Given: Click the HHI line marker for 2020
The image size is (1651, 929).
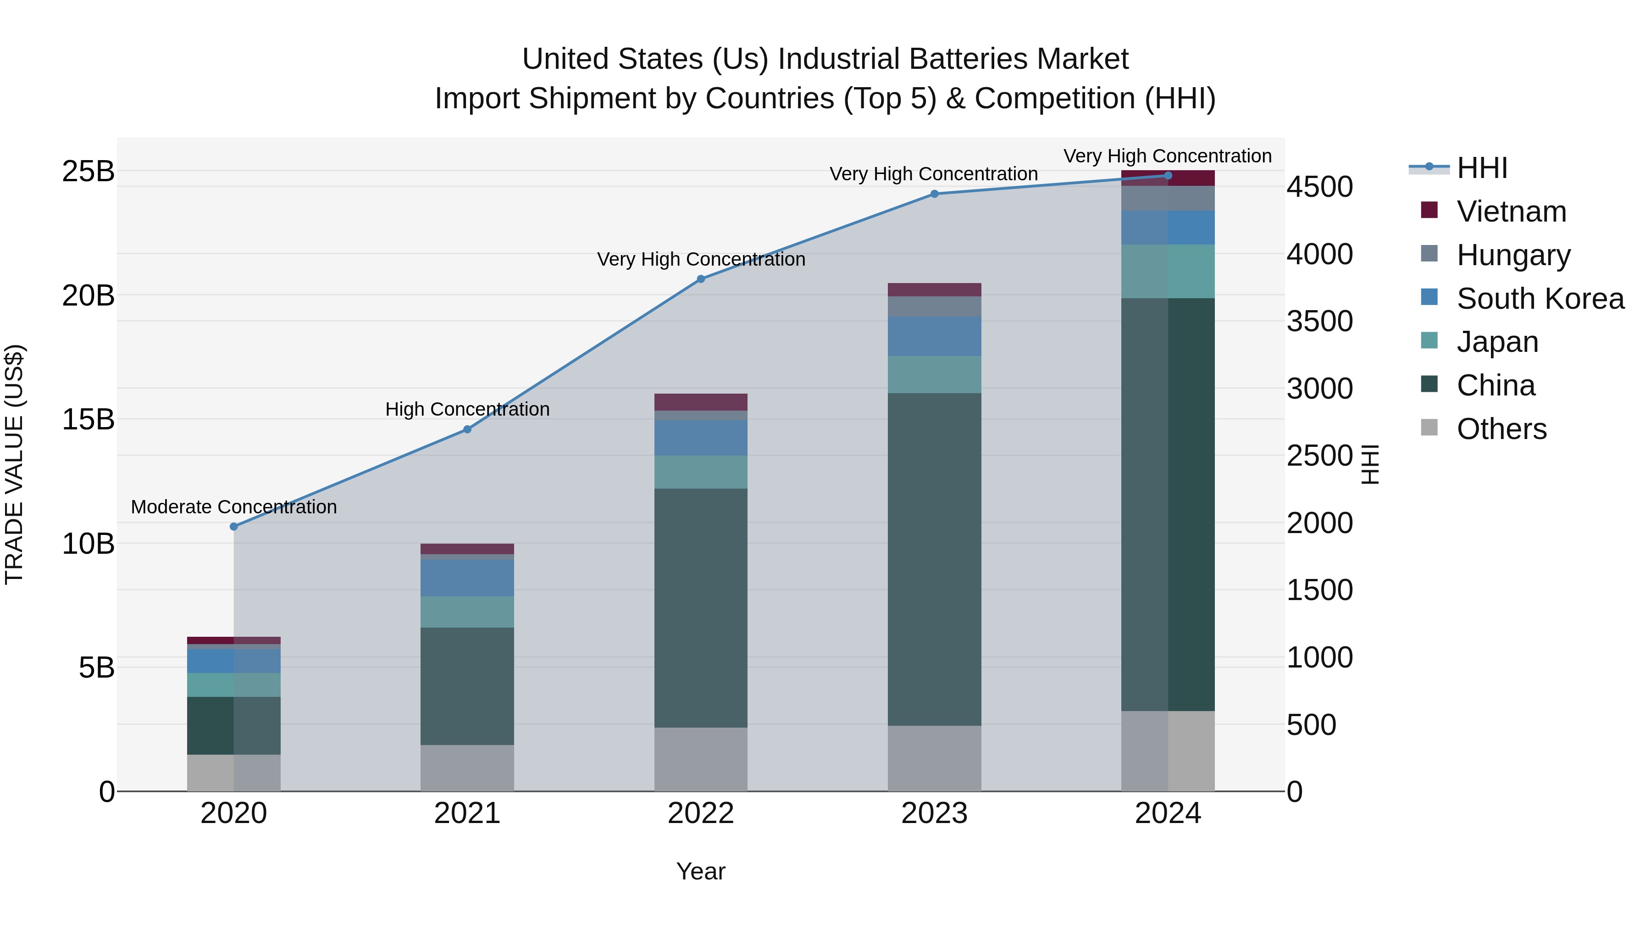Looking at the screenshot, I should pos(234,526).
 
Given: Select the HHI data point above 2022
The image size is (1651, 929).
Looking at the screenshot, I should pos(700,279).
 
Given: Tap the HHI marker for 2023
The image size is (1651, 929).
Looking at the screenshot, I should pos(934,194).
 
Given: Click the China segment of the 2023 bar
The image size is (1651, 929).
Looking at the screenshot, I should pos(934,558).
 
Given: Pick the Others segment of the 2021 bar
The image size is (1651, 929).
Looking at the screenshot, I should pos(467,768).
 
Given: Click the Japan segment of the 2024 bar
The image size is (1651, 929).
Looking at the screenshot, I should pos(1168,271).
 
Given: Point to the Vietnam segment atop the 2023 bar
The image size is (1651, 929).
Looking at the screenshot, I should pos(934,289).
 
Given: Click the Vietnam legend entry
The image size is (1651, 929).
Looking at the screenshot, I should pos(1511,211).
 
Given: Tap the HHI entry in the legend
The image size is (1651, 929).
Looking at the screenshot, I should pos(1481,168).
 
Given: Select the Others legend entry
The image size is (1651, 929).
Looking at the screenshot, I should pos(1501,429).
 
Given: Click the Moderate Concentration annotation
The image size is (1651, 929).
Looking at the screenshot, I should pos(234,506).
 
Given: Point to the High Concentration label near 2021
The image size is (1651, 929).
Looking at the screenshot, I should pos(467,409).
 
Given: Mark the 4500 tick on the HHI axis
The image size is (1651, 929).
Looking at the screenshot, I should pos(1319,187).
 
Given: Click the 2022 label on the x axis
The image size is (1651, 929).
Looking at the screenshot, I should pos(700,813).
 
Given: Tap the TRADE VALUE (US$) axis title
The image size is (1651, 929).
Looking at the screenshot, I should pos(14,464).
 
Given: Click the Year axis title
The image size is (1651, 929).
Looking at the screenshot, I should pos(700,871).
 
